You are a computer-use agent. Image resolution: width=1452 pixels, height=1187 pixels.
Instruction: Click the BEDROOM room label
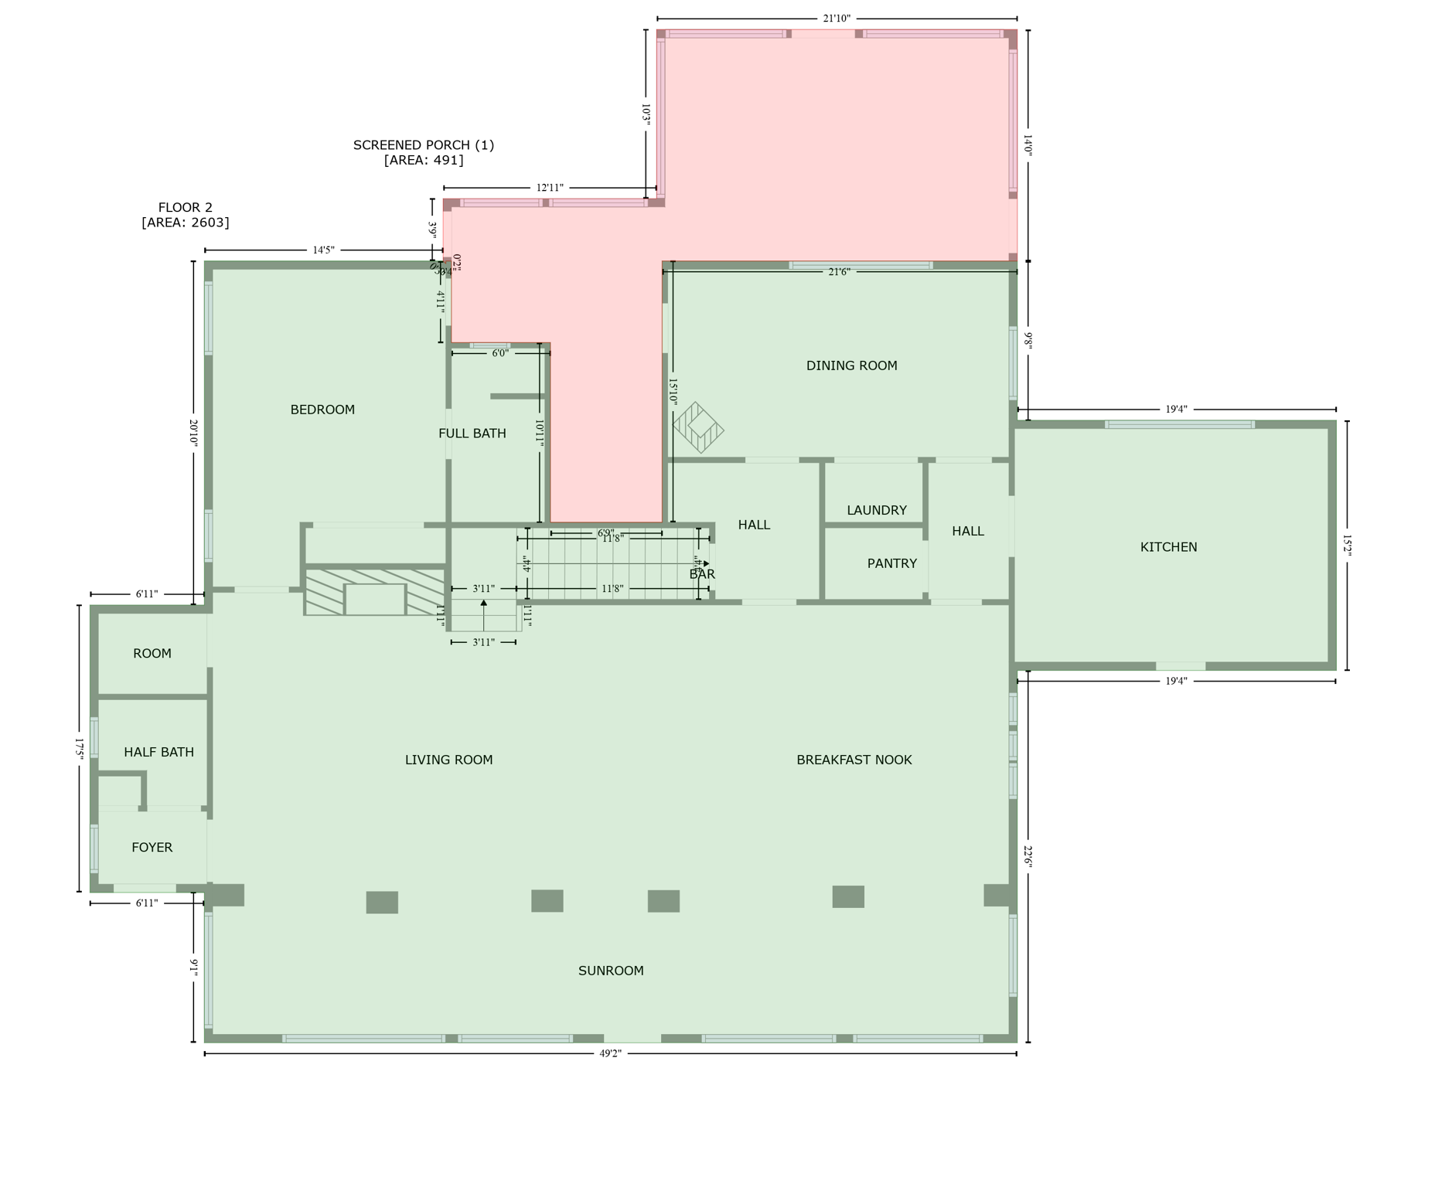322,410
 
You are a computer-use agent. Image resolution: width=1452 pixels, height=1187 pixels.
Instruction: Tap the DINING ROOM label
851,366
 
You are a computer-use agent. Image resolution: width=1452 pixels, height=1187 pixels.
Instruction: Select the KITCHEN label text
1168,547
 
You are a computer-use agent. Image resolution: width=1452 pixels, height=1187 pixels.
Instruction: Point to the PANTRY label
891,563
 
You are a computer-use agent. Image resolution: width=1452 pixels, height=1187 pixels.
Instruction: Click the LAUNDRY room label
876,510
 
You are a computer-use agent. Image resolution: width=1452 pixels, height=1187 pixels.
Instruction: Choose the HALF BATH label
158,752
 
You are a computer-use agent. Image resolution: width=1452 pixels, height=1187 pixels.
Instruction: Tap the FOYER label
152,847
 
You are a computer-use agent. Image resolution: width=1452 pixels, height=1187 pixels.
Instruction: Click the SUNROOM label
610,971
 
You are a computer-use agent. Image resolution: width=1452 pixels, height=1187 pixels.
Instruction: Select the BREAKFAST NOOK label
854,760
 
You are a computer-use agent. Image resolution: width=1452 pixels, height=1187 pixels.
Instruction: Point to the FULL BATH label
472,434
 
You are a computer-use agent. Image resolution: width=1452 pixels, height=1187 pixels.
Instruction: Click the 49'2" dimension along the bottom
610,1053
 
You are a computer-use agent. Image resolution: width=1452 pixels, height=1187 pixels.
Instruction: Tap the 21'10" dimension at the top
836,19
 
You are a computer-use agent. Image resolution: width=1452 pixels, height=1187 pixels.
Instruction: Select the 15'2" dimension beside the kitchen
1347,546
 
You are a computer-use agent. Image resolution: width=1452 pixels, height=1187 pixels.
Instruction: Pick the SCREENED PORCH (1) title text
423,145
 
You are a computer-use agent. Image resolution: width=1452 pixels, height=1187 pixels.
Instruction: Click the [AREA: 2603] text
185,223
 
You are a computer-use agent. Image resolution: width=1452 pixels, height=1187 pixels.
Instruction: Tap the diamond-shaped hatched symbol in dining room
698,427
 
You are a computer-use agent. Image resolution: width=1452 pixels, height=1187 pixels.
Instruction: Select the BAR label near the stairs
701,574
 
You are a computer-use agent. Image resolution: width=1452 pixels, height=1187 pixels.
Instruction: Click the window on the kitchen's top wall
1178,424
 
